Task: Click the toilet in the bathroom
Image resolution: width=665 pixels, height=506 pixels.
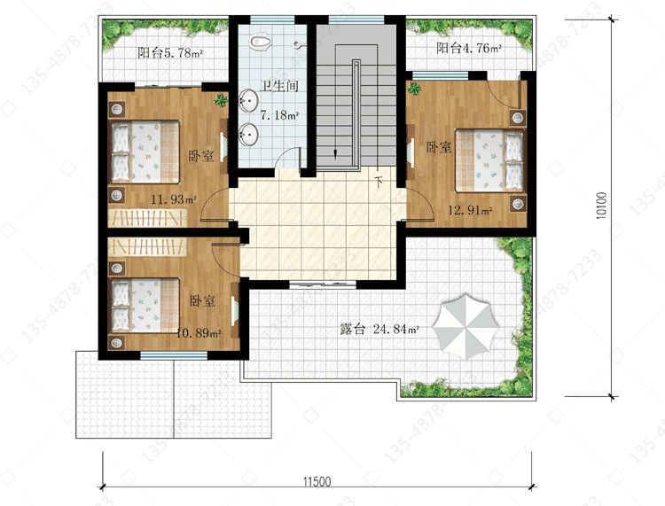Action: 260,42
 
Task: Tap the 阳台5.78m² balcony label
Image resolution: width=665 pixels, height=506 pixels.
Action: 170,53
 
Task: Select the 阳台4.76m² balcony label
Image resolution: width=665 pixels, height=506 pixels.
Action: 469,48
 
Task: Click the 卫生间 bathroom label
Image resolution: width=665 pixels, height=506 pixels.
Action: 279,86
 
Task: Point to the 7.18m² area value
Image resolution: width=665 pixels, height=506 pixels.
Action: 279,115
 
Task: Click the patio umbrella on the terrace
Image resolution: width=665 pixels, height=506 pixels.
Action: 465,326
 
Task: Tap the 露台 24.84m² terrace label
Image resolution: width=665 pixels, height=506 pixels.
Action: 379,329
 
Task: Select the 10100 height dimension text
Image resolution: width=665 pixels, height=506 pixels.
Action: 601,206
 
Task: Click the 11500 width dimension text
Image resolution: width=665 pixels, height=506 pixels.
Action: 317,481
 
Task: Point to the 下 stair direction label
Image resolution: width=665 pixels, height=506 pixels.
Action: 379,182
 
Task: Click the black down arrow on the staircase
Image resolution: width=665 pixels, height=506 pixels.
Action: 336,154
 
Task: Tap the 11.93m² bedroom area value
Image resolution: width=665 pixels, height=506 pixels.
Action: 174,199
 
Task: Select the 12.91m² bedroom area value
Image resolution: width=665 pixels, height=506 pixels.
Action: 470,210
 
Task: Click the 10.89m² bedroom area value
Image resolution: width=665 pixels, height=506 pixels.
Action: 199,333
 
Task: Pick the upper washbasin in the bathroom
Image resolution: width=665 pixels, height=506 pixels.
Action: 248,101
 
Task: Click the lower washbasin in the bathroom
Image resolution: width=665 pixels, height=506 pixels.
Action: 248,135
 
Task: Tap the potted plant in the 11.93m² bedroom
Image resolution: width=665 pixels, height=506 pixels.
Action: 221,100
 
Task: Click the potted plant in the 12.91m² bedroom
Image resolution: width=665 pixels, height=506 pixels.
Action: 414,89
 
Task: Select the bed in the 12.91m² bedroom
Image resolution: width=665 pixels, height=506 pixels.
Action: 489,160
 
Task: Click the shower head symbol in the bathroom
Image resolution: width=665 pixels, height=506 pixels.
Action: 299,44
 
